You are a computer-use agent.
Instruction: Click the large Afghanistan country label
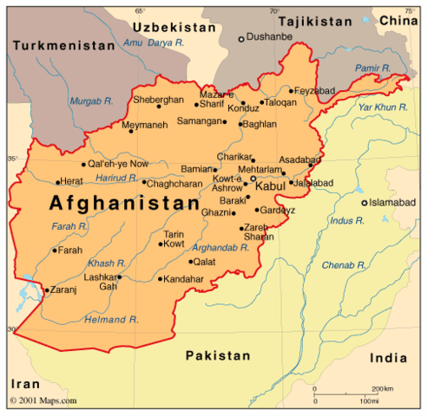[124, 204]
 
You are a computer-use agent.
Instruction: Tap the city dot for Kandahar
[161, 279]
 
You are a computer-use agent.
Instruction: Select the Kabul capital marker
[254, 179]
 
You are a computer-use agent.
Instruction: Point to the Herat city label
[70, 181]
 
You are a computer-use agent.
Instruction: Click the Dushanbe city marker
[241, 39]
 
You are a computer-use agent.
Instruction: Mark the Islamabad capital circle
[365, 203]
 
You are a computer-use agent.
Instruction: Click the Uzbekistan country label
[174, 28]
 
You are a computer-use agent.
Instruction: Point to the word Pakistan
[217, 354]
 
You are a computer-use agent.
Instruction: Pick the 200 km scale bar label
[382, 389]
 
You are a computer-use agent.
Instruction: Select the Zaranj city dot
[46, 289]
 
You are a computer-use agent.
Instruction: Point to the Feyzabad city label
[316, 90]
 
